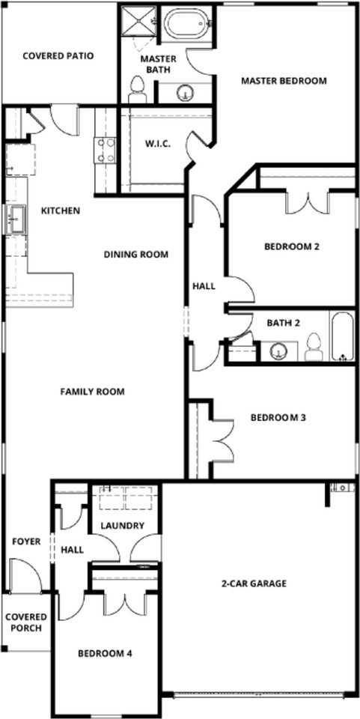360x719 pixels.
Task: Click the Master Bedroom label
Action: tap(284, 81)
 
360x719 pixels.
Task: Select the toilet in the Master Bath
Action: tap(136, 91)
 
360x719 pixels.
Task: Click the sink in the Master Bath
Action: tap(183, 93)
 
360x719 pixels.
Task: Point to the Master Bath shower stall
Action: tap(138, 21)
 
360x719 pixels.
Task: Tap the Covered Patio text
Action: tap(58, 55)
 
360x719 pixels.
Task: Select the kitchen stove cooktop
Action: tap(104, 149)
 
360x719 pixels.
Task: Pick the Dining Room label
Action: tap(135, 254)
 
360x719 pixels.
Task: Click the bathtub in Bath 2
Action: tap(343, 336)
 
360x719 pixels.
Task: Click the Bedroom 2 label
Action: tap(292, 246)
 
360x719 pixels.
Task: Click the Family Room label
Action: tap(93, 391)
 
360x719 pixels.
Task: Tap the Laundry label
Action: tap(122, 526)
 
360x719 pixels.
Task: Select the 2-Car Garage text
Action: tap(254, 583)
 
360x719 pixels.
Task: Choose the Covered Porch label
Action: tap(26, 622)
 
